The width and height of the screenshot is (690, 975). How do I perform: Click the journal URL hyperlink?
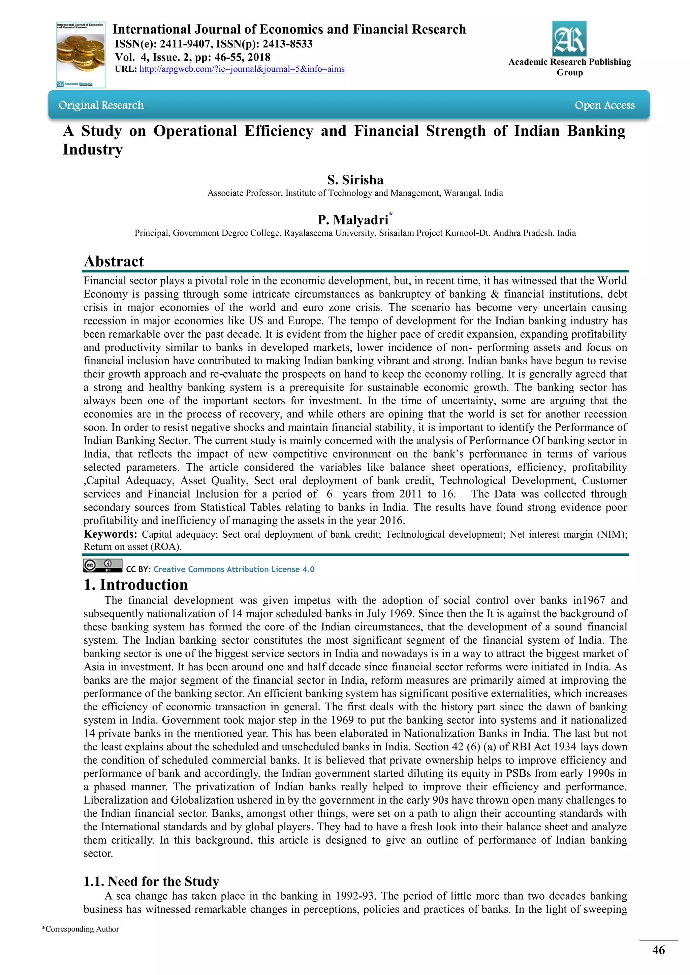pyautogui.click(x=242, y=69)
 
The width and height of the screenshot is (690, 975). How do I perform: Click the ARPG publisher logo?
pyautogui.click(x=569, y=39)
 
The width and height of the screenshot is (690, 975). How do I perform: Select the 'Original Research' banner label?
pyautogui.click(x=101, y=105)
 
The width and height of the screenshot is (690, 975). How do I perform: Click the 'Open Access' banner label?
pyautogui.click(x=604, y=105)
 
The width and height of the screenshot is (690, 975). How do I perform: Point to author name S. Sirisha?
pyautogui.click(x=355, y=180)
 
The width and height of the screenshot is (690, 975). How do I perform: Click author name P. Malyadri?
pyautogui.click(x=353, y=220)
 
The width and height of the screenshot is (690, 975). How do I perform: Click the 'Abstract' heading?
pyautogui.click(x=114, y=261)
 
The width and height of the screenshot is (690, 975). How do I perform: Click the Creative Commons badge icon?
pyautogui.click(x=102, y=566)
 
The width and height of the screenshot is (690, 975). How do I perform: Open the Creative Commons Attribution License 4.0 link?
pyautogui.click(x=234, y=569)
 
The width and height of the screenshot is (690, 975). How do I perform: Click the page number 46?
pyautogui.click(x=658, y=950)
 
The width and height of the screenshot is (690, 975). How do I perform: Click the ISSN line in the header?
pyautogui.click(x=214, y=44)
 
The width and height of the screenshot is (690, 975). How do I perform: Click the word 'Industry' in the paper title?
pyautogui.click(x=93, y=149)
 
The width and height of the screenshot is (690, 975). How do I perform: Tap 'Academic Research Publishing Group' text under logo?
pyautogui.click(x=569, y=67)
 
